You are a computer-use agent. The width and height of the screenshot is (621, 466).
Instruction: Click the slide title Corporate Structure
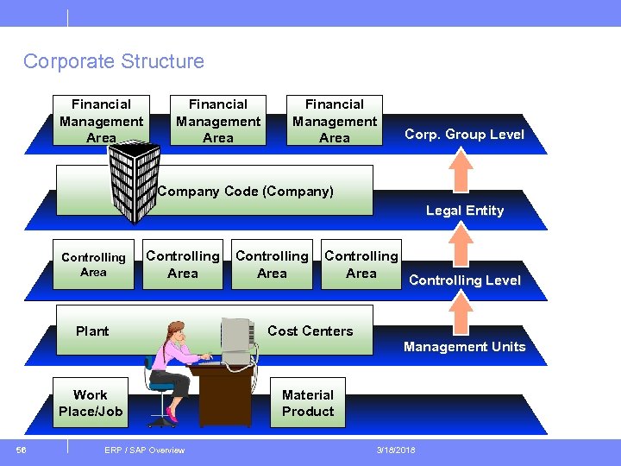coord(114,61)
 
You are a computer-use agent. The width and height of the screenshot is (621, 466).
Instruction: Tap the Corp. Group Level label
coord(464,135)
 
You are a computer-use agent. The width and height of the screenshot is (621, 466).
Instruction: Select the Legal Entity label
coord(464,211)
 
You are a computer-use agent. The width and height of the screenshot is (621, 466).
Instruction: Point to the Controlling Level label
coord(464,280)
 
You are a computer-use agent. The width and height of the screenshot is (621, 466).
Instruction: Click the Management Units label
coord(464,347)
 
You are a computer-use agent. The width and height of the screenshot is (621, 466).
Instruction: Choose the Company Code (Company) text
coord(246,192)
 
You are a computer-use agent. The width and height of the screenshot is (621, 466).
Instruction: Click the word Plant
coord(92,331)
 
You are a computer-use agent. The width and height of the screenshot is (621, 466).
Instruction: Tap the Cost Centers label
coord(310,331)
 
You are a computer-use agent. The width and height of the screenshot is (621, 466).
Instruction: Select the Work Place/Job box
coord(91,403)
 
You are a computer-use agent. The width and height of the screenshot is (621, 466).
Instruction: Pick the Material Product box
coord(308,403)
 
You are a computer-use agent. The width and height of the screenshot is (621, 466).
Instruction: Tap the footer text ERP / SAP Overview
coord(144,450)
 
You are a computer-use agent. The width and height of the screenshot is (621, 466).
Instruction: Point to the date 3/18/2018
coord(395,450)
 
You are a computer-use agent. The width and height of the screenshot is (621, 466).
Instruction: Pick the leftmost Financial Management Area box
coord(102,121)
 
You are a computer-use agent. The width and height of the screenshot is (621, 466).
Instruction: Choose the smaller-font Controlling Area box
coord(94,265)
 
